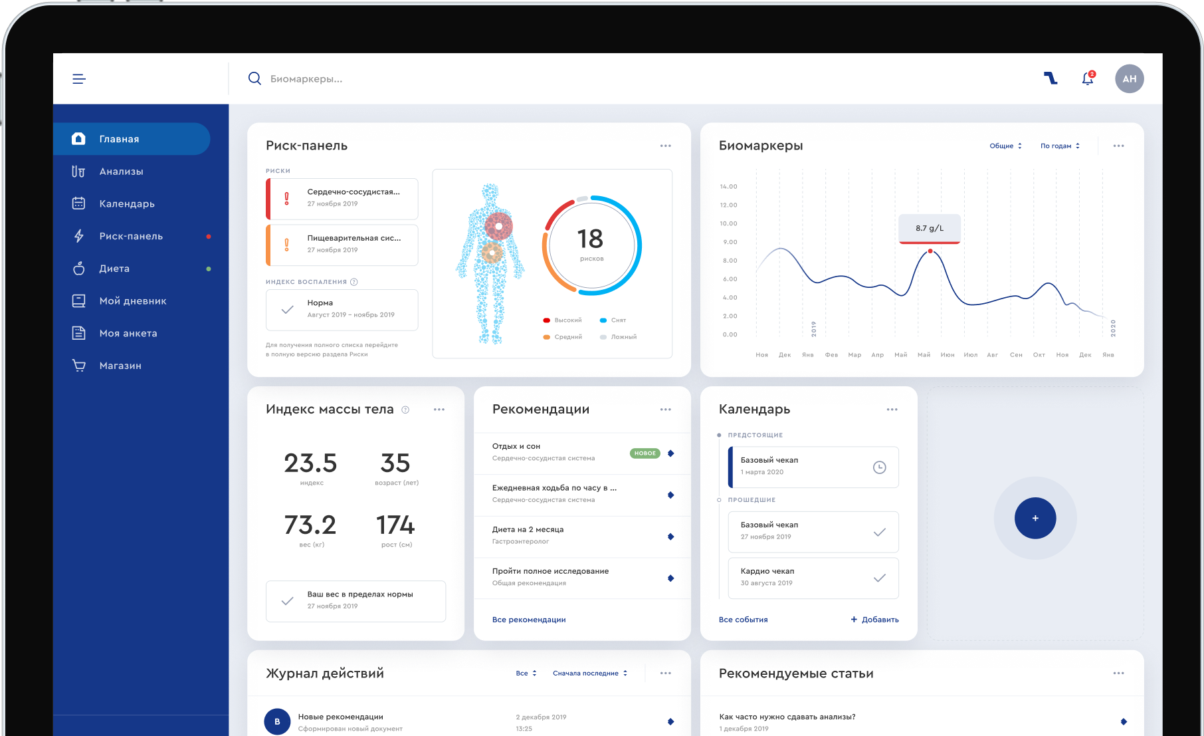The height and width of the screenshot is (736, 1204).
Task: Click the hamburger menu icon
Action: [79, 79]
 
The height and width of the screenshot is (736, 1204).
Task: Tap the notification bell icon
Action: [1087, 79]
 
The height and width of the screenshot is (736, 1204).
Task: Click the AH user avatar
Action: [1129, 79]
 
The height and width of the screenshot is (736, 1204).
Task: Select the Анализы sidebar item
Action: [121, 172]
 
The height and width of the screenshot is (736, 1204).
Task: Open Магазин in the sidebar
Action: [120, 366]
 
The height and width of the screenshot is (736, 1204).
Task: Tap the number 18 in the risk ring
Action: [590, 239]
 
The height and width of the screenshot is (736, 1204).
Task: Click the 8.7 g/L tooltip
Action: [929, 228]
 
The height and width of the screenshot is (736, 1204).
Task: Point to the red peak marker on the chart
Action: [930, 251]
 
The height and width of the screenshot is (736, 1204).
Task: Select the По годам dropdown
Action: [1060, 146]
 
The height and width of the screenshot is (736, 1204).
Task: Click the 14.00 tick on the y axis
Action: [728, 187]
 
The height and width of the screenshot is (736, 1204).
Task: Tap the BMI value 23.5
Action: [310, 463]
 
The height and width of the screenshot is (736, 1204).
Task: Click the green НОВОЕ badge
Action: [645, 453]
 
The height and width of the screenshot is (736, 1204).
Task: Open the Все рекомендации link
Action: [529, 620]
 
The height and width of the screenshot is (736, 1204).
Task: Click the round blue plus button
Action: [1035, 518]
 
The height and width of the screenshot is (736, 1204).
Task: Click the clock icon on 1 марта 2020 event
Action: [879, 467]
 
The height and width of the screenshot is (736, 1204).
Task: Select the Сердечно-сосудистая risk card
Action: [342, 198]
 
